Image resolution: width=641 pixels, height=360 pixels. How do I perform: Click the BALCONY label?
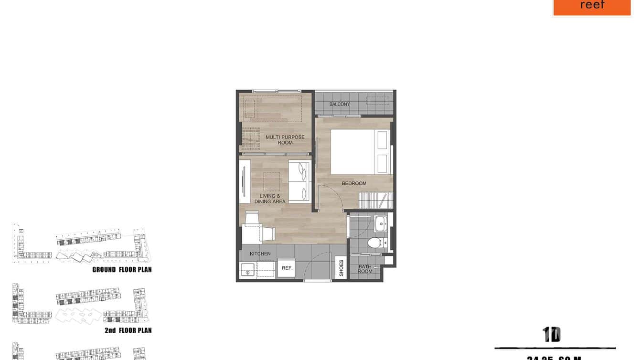pos(340,104)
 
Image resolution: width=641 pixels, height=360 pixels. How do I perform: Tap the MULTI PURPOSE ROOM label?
pos(285,140)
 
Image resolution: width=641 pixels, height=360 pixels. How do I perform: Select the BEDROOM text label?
pos(354,183)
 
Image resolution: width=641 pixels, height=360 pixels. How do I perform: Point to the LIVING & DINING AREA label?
pos(270,199)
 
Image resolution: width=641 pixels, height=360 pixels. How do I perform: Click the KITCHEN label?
pos(260,254)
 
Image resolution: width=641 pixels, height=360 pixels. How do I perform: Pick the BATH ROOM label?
pos(365,269)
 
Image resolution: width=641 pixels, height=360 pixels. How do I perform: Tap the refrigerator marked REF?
pos(287,268)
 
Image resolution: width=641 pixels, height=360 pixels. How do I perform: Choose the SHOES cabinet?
pos(341,268)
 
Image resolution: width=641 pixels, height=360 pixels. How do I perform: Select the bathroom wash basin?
pos(381,223)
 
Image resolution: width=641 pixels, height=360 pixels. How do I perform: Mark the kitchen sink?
pos(248,270)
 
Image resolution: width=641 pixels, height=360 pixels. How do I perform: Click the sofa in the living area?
pos(299,182)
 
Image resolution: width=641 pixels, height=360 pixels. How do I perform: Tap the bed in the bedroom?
pos(361,152)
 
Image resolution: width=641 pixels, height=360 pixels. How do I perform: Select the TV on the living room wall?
pos(243,181)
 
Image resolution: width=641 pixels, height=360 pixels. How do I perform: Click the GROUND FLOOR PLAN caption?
pos(122,270)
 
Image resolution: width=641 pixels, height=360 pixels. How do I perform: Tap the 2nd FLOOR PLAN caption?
pos(128,330)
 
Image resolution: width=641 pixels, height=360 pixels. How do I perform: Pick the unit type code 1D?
pos(551,335)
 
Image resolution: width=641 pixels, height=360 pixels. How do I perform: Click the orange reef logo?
pos(592,7)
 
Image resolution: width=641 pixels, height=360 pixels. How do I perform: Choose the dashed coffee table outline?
pos(272,181)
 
